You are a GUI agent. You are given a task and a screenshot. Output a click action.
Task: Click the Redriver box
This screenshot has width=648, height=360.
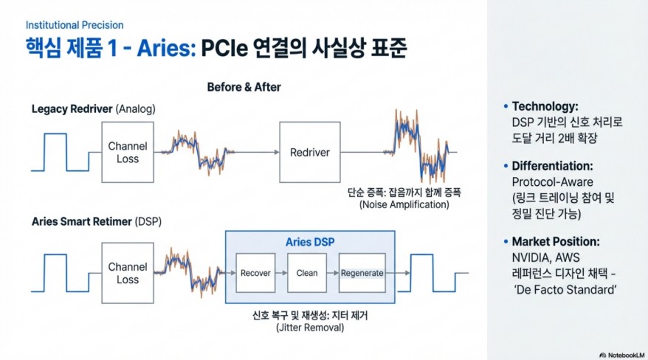[309, 153]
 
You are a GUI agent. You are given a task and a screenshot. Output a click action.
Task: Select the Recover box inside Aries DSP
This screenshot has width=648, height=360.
[255, 273]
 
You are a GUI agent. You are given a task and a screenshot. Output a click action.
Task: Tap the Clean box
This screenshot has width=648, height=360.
[307, 273]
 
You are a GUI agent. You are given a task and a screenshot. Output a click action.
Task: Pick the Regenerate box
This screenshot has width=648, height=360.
[362, 273]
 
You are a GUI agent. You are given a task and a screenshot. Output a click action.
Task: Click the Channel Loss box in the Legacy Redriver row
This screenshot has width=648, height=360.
[128, 153]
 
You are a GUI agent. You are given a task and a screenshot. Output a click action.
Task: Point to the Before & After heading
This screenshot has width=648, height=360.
[244, 87]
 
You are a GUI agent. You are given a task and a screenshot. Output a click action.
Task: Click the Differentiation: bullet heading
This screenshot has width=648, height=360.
[552, 166]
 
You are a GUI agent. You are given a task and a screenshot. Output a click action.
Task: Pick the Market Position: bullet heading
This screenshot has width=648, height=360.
[555, 241]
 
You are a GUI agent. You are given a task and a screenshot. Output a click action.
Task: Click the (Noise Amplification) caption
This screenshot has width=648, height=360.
[404, 204]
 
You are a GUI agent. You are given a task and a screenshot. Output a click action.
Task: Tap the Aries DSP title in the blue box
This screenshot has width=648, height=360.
[309, 242]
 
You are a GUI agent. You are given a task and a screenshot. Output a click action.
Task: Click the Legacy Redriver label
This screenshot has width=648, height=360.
[72, 109]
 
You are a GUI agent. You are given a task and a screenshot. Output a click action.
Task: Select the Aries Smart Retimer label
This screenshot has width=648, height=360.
[80, 221]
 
